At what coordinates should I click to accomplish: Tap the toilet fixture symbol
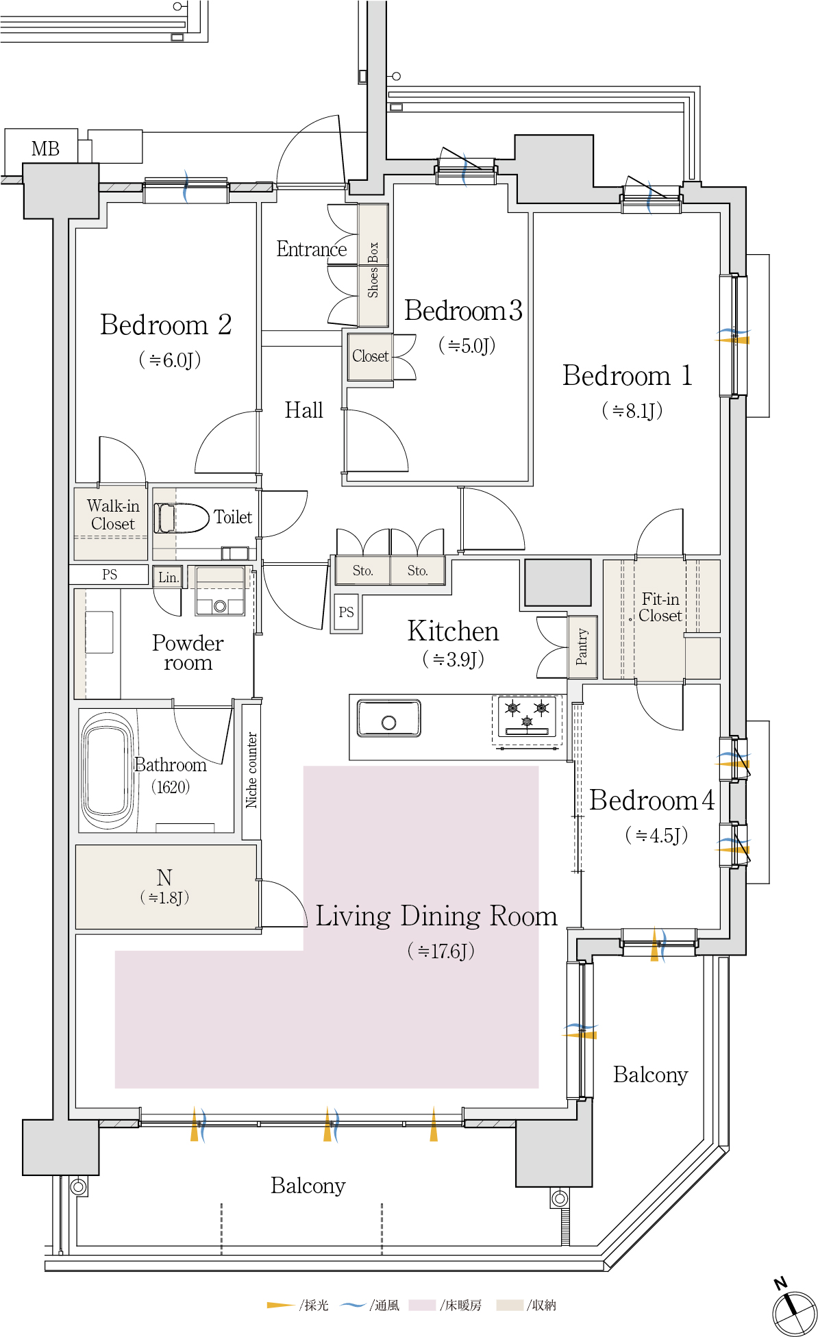[182, 518]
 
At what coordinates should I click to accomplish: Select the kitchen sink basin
[388, 719]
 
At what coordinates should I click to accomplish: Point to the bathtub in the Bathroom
[108, 771]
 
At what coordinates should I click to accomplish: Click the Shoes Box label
[373, 269]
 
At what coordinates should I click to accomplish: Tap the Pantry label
[582, 647]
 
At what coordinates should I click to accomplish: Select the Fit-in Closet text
[660, 608]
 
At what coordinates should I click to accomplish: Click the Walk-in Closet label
[113, 514]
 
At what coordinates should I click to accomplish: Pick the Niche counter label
[251, 770]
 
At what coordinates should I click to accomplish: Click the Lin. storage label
[169, 577]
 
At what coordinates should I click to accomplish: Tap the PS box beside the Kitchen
[347, 612]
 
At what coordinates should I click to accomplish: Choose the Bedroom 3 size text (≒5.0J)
[467, 345]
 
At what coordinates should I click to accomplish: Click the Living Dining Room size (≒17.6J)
[441, 951]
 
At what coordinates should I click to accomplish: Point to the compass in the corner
[794, 1310]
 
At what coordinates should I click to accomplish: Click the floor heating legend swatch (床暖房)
[422, 1305]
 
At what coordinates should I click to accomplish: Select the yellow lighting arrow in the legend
[282, 1305]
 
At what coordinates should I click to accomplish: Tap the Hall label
[303, 410]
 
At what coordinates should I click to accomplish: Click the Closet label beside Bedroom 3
[370, 356]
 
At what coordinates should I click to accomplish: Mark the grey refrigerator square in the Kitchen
[558, 582]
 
